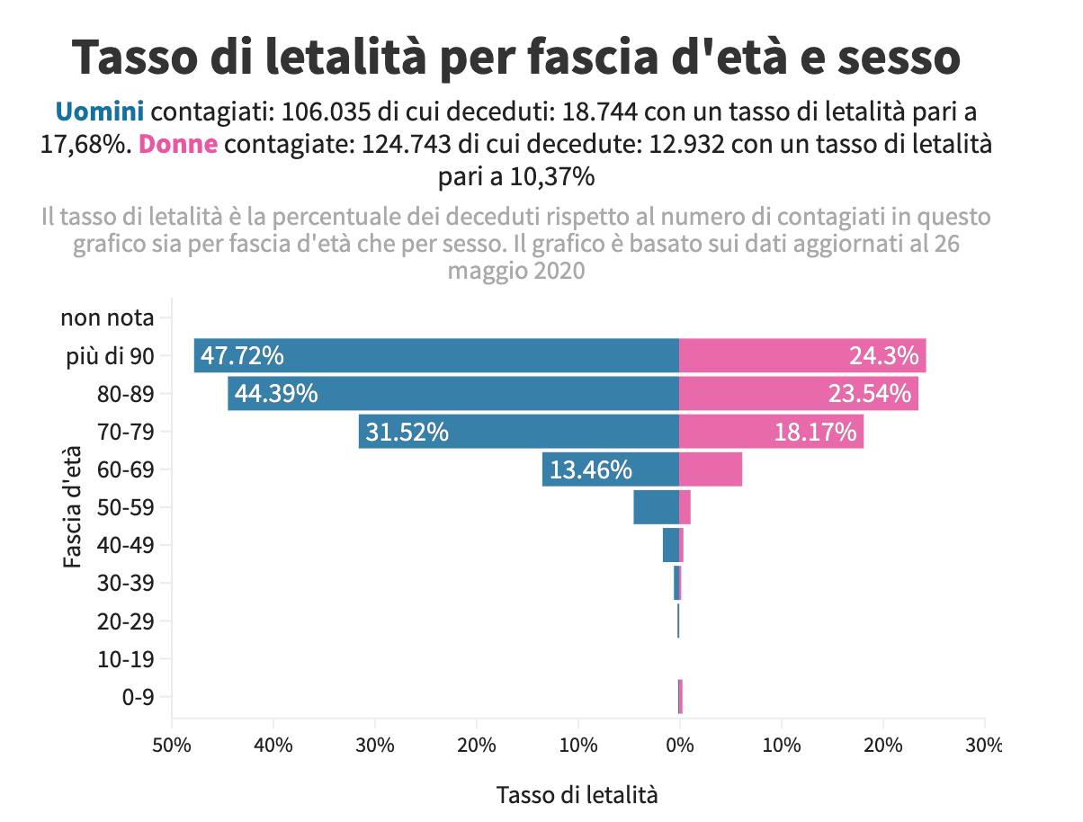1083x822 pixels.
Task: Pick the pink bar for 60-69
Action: click(x=711, y=469)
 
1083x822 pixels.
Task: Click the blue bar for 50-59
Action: click(x=656, y=507)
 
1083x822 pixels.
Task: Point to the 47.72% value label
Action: click(x=242, y=355)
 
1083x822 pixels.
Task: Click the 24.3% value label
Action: click(x=883, y=355)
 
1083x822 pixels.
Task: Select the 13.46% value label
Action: click(x=590, y=469)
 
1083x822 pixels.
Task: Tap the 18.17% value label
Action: click(x=815, y=432)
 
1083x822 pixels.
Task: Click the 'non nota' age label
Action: click(x=107, y=317)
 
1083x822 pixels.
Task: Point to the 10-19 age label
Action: click(x=125, y=659)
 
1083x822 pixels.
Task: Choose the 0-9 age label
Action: click(x=137, y=697)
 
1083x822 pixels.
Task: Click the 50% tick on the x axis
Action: click(x=172, y=745)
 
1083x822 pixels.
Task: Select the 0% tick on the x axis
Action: click(x=680, y=745)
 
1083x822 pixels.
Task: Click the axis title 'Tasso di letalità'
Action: click(x=577, y=795)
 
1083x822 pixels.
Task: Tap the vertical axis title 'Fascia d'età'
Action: click(x=73, y=507)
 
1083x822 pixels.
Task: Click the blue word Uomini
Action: click(x=99, y=112)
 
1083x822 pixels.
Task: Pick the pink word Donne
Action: click(x=179, y=144)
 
